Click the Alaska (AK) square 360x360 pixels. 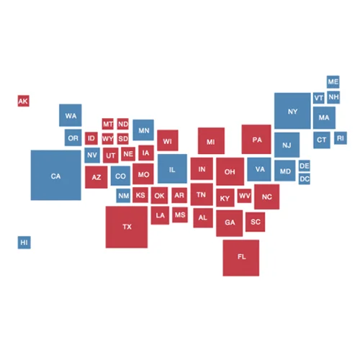23,102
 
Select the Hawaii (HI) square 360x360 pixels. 24,243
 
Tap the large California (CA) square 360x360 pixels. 55,175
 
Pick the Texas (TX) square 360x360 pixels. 127,227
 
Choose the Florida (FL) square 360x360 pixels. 240,257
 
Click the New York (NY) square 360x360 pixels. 292,111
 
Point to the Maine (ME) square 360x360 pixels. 333,82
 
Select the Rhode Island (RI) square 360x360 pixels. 340,138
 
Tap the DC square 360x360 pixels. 305,178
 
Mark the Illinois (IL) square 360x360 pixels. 172,169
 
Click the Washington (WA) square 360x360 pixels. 71,115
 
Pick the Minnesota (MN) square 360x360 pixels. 143,130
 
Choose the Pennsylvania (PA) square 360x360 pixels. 256,139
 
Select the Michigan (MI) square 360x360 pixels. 211,141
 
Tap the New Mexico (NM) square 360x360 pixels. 123,195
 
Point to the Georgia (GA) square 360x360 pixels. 230,222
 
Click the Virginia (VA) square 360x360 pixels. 259,170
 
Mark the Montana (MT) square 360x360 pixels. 108,124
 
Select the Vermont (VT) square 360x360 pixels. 318,98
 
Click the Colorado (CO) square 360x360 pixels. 120,176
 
